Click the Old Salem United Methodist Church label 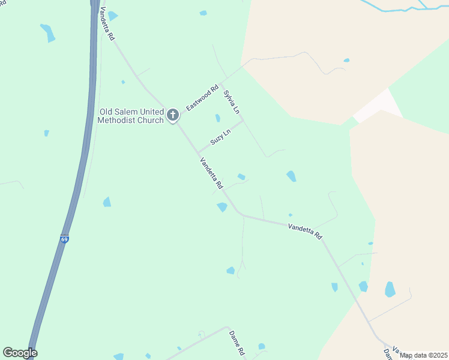131,116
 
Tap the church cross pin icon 173,115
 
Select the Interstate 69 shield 64,238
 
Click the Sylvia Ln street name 232,103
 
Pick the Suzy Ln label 221,137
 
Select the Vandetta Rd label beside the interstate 107,23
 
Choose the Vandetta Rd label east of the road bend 305,231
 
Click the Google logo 20,353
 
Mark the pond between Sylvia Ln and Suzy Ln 217,118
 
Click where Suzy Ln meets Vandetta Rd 198,152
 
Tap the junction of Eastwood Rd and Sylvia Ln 220,83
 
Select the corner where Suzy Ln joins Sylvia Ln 243,121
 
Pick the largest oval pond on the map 390,289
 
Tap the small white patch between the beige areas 378,107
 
